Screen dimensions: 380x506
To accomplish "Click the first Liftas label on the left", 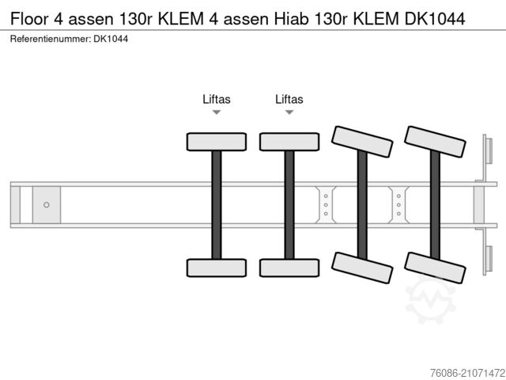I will (x=216, y=99).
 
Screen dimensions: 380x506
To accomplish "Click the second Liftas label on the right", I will (x=289, y=99).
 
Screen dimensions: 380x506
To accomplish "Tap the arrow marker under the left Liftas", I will (x=216, y=112).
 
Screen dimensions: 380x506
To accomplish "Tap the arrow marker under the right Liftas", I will (x=289, y=112).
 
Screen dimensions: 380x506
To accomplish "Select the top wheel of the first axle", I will (x=216, y=142).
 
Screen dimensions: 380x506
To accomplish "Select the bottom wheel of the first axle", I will (x=216, y=268).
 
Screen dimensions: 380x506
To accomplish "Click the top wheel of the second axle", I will (x=289, y=142).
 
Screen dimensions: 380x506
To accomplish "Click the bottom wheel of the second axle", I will (x=289, y=268).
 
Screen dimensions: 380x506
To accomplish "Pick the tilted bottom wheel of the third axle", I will (x=362, y=268).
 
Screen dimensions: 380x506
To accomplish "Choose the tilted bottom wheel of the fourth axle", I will (x=435, y=268).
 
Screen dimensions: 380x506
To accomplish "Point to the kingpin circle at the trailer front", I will (x=47, y=205).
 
